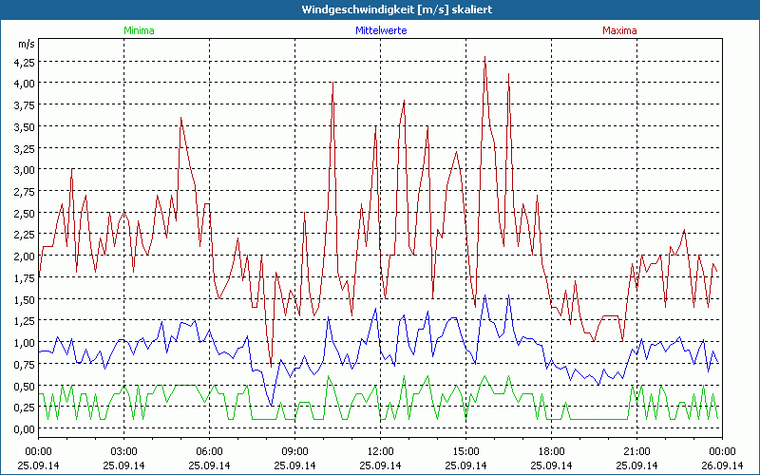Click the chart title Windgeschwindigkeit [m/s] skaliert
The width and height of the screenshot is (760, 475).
pyautogui.click(x=380, y=9)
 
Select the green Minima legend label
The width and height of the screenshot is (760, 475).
pyautogui.click(x=139, y=30)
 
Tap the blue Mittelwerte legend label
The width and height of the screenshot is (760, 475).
pyautogui.click(x=380, y=30)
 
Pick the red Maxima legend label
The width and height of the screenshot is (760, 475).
pyautogui.click(x=617, y=30)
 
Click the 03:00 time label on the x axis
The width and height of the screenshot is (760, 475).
pyautogui.click(x=124, y=450)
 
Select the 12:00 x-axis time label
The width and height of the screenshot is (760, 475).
pyautogui.click(x=380, y=450)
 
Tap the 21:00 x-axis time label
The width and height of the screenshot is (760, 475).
pyautogui.click(x=636, y=450)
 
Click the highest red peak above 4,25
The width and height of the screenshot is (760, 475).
pyautogui.click(x=485, y=57)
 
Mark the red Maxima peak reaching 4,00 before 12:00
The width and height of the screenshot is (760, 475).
pyautogui.click(x=332, y=84)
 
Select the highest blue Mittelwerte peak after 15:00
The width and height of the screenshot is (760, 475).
pyautogui.click(x=485, y=295)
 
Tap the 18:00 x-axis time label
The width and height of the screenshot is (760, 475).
pyautogui.click(x=551, y=450)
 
